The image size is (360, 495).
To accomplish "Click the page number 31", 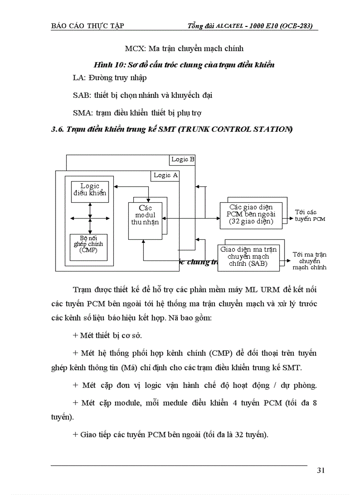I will point(321,470).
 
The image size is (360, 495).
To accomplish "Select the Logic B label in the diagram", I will point(183,160).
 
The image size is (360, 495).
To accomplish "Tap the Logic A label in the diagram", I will point(165,175).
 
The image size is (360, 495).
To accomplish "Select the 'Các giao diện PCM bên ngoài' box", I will point(251,215).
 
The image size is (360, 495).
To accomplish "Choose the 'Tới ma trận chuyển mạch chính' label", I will point(309,261).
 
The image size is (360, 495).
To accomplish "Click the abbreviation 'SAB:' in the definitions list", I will point(82,95).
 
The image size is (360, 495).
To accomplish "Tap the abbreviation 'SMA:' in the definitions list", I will point(82,113).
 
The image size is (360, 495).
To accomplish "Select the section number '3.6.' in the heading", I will point(57,129).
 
